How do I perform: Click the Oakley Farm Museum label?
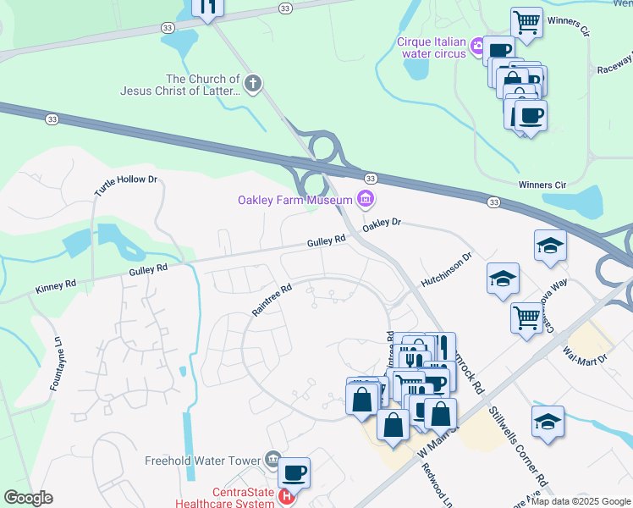click(x=294, y=201)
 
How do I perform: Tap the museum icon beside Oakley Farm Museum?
click(x=366, y=200)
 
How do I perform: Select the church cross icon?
click(x=252, y=83)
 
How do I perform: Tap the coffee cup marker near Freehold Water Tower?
click(x=294, y=472)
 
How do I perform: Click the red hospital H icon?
click(x=288, y=496)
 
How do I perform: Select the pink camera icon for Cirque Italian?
click(x=477, y=44)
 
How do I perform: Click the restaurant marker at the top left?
click(x=208, y=7)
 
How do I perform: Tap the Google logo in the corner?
click(x=27, y=498)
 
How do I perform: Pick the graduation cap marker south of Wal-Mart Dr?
click(x=548, y=421)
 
